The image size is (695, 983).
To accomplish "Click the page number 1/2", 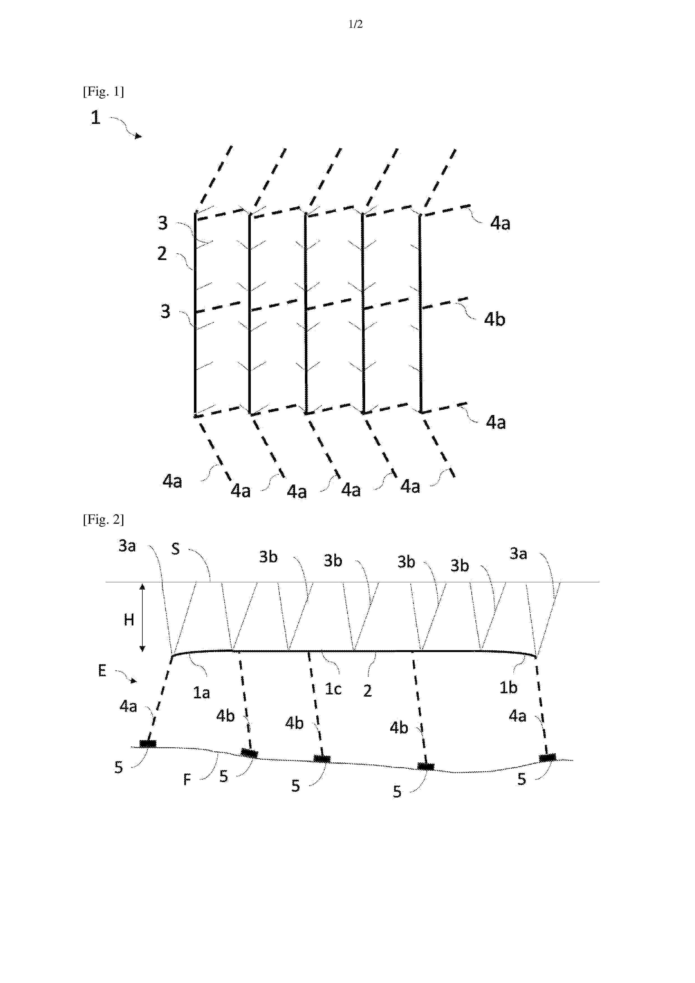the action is [355, 24].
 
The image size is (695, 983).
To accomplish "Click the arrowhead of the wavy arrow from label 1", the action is [138, 136].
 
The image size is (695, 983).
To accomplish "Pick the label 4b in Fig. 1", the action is [495, 319].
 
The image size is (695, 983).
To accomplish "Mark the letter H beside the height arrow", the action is [129, 620].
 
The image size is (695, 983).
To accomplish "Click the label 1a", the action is [201, 692].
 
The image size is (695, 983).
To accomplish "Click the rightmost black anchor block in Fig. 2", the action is [547, 758].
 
